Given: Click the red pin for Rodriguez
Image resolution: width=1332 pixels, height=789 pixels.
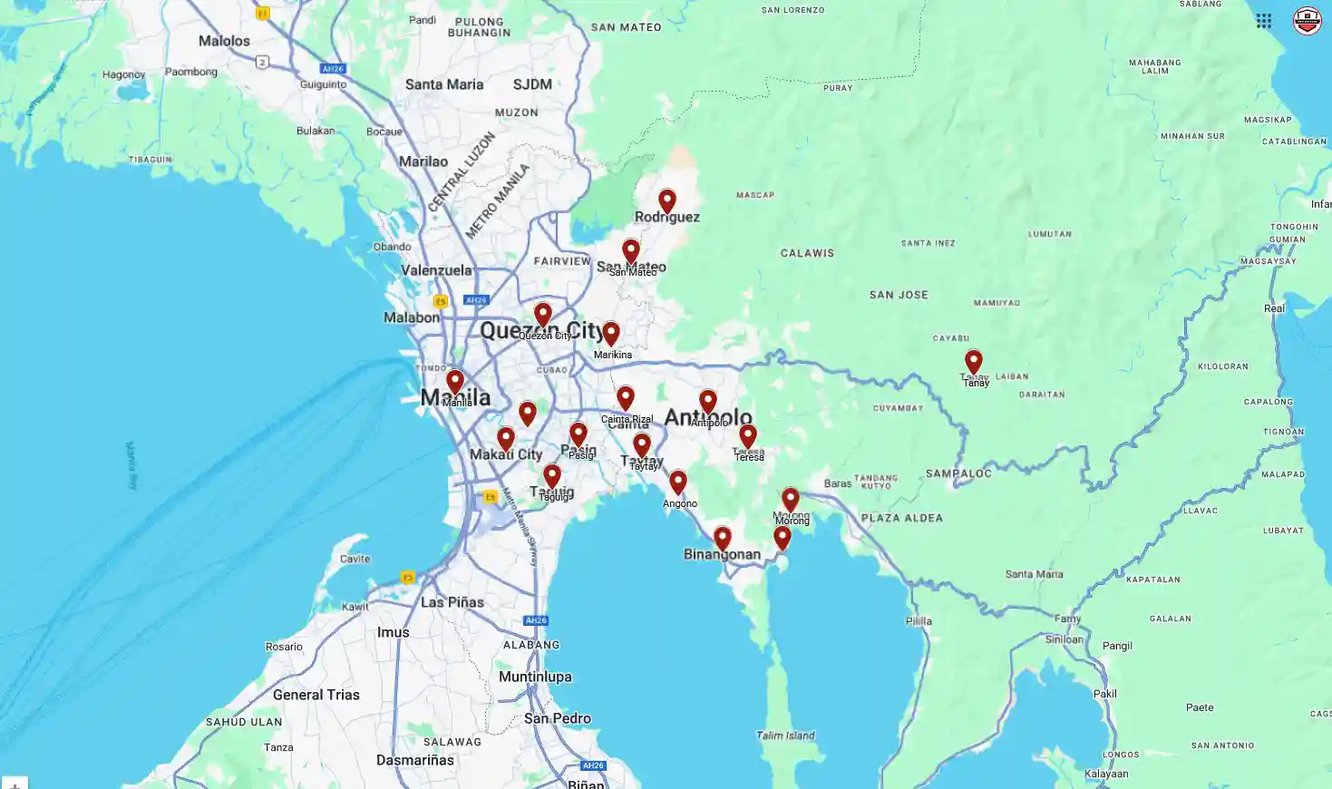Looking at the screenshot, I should (667, 200).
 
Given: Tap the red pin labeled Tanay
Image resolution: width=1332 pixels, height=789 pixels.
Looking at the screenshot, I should (973, 362).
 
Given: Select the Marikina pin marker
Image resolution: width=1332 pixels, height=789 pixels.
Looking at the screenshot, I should (611, 334).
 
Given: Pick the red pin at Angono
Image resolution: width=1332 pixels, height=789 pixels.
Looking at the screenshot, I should (678, 482).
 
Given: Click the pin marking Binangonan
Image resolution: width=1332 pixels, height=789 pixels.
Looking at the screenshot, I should (722, 539).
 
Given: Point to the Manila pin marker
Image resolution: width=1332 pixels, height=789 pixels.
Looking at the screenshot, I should (455, 382).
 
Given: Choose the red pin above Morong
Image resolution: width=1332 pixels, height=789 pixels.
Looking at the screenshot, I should (791, 500).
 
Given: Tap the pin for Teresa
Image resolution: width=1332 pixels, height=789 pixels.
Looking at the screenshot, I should (748, 436).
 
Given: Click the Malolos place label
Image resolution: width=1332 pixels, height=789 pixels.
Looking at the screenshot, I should (224, 41).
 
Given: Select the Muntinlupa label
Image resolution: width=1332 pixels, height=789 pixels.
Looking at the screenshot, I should (535, 677).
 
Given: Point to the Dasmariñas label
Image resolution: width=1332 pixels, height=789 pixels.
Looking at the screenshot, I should (415, 760).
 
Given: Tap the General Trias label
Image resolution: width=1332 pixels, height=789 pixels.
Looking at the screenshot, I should (316, 695).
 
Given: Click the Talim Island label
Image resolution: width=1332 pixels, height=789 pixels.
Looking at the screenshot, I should (785, 735).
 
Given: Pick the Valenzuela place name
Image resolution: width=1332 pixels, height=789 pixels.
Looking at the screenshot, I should (436, 270).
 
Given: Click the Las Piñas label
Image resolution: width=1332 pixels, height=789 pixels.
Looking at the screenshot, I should (452, 602).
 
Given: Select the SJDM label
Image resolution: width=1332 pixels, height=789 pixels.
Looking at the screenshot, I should (532, 84).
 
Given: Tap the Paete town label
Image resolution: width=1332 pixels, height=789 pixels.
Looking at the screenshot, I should (1199, 707).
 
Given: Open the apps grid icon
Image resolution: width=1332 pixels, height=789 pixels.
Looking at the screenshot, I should (1263, 21).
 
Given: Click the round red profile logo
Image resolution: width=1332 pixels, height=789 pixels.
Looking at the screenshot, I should (1307, 21).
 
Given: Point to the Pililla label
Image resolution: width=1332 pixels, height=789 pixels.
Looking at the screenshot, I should (919, 621).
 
